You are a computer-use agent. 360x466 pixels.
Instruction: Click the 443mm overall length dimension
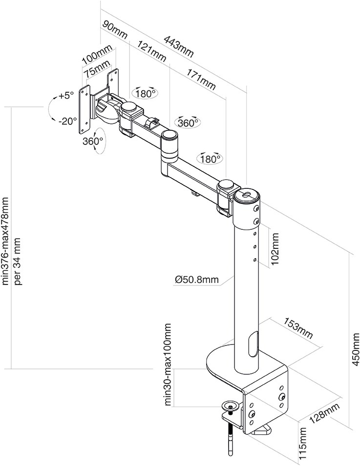click(179, 47)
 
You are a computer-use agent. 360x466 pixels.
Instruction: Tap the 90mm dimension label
click(114, 30)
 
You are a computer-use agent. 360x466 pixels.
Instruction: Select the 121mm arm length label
click(152, 51)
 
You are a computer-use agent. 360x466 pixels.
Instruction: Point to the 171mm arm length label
click(201, 79)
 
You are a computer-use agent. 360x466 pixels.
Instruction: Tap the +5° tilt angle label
click(66, 96)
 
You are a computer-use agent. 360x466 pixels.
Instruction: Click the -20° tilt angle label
click(67, 121)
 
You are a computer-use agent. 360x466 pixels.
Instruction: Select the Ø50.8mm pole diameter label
click(197, 280)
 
